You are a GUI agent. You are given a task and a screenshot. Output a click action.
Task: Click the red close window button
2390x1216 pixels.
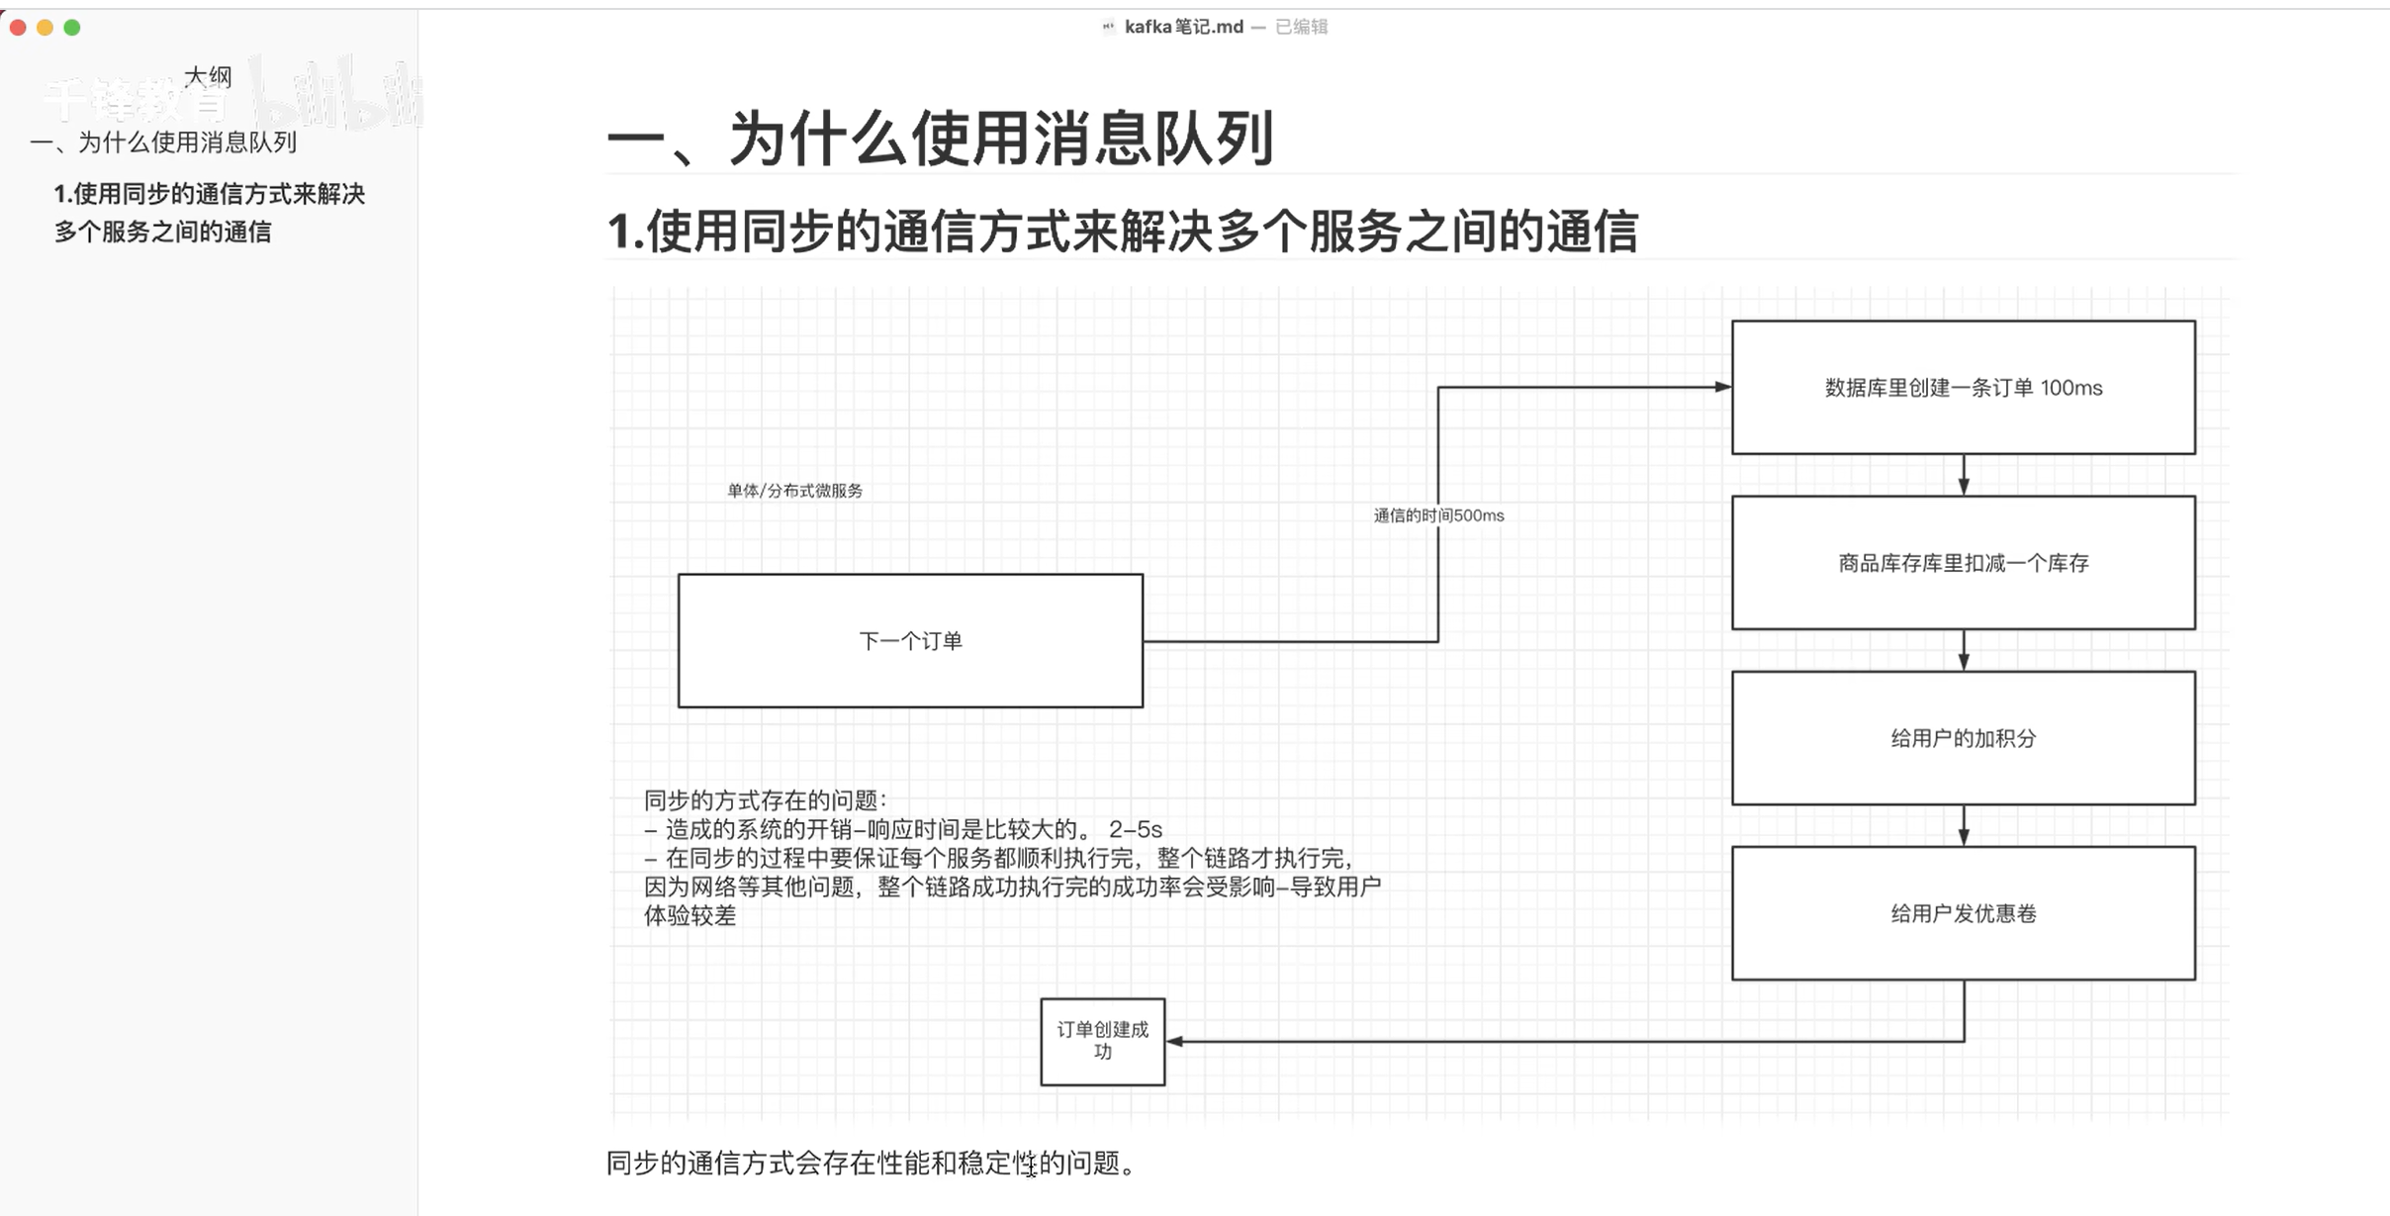(18, 28)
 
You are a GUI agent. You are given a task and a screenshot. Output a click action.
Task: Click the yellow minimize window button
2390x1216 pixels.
(45, 28)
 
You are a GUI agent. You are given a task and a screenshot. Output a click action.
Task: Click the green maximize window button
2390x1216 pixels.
(72, 28)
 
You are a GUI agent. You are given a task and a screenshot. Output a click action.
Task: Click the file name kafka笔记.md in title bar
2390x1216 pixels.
(1183, 27)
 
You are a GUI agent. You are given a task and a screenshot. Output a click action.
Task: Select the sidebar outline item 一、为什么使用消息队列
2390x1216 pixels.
(163, 142)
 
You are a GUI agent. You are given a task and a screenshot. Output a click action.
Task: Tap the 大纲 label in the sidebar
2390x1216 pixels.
(208, 76)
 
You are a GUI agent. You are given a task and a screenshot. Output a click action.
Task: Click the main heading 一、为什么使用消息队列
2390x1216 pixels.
(940, 139)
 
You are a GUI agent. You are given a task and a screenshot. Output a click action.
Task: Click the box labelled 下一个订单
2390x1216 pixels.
(910, 641)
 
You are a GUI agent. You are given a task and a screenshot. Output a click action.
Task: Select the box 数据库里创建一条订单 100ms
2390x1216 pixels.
(1963, 388)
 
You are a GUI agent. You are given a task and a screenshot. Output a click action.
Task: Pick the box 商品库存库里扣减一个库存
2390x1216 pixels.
(1963, 563)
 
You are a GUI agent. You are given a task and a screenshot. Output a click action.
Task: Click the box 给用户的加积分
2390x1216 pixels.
(1963, 738)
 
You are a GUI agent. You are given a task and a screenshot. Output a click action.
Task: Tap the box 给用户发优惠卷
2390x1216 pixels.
(1963, 913)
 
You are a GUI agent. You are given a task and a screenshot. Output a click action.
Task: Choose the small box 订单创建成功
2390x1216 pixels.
(1102, 1041)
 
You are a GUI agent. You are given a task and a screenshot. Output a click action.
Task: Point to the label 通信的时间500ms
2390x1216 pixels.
(1438, 515)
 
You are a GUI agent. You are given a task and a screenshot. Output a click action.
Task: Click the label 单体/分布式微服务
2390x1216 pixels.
(794, 491)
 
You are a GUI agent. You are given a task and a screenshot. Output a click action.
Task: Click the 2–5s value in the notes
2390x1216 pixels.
(1135, 829)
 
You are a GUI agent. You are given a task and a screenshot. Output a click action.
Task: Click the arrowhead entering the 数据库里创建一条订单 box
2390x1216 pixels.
(1722, 387)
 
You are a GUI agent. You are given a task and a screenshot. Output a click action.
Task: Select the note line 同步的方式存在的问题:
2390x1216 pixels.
(766, 799)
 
